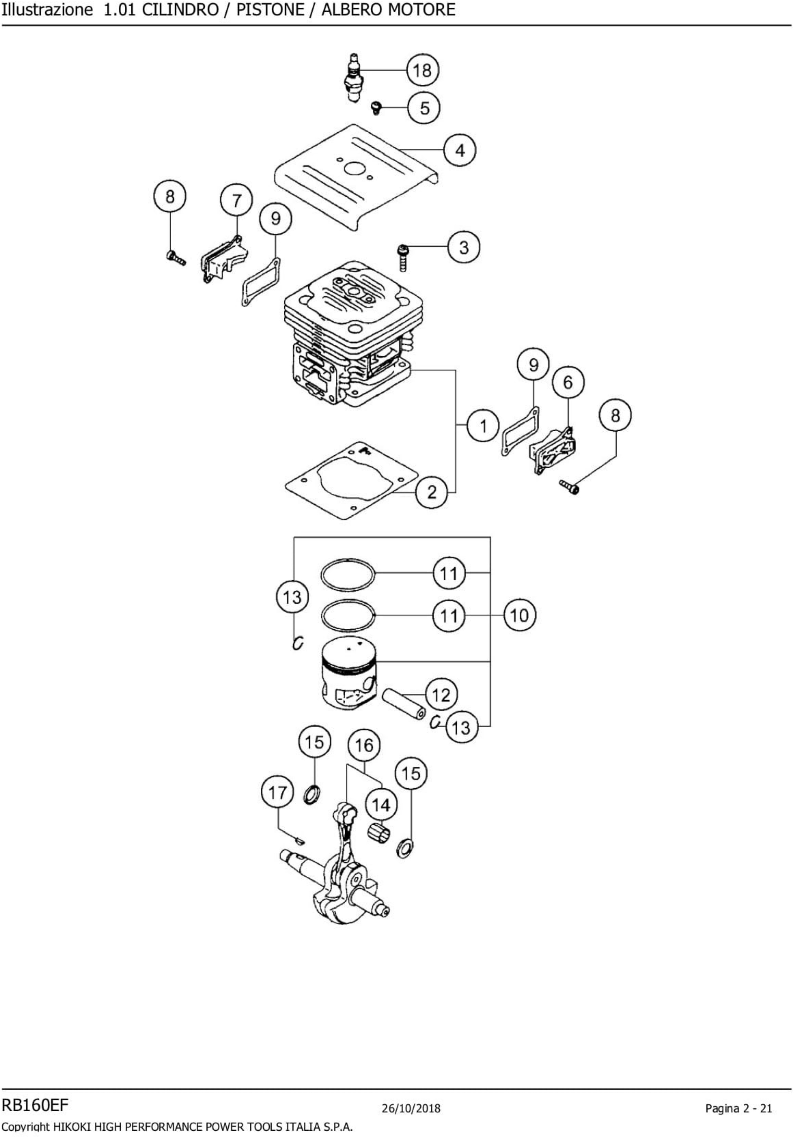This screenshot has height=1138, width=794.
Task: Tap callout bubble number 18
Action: (423, 70)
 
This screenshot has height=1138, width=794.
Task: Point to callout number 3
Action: (464, 247)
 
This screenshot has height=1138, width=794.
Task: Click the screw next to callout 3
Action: (403, 258)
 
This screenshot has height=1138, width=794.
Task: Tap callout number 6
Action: (568, 382)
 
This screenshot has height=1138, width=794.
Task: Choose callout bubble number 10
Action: (520, 616)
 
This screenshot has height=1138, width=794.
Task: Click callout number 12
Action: (441, 695)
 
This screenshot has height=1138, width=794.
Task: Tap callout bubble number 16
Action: (364, 745)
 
